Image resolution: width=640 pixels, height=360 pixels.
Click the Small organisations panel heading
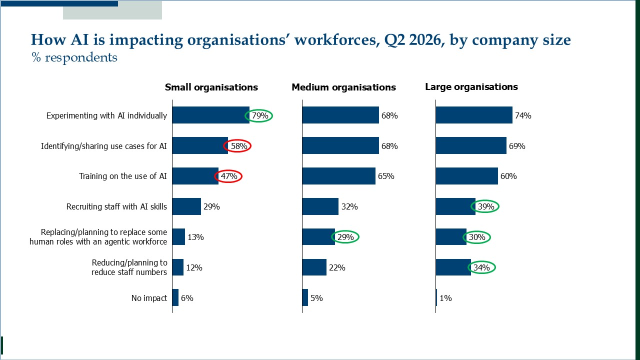211,87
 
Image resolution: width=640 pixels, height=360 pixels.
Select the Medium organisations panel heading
343,87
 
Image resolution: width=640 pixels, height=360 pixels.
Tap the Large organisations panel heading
471,87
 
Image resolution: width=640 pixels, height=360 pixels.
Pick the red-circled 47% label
229,176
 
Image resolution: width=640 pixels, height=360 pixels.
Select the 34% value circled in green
481,267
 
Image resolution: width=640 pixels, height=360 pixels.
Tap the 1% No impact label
445,298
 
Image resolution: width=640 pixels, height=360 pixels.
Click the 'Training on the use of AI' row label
123,176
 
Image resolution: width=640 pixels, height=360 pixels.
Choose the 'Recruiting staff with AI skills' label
116,206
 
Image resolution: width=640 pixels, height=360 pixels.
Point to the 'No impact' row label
149,298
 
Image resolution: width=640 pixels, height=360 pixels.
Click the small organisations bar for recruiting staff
186,206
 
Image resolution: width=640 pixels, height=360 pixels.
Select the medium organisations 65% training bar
339,176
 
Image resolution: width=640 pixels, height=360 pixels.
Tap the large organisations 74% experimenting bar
474,115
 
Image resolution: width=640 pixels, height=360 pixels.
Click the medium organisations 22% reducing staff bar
314,267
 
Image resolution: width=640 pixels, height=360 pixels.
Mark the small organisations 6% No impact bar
175,297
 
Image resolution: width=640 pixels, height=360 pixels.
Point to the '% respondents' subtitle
74,57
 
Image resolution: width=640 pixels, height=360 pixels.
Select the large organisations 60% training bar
467,176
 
